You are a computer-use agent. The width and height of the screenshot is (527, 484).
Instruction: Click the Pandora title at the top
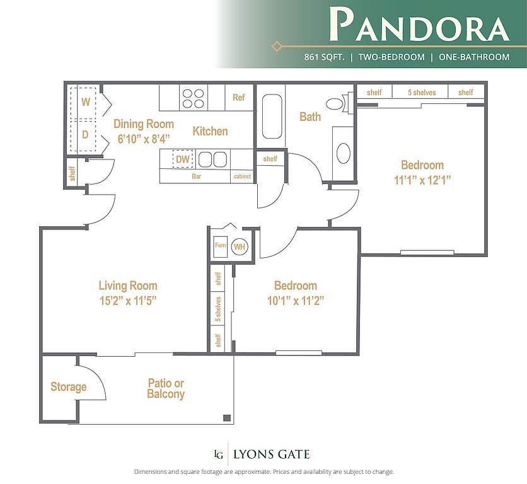pos(419,24)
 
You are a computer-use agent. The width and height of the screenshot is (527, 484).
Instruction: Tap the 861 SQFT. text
pos(325,57)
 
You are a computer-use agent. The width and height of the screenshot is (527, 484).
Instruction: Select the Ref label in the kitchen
pos(239,98)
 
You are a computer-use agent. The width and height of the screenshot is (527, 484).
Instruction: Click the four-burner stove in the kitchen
pos(194,98)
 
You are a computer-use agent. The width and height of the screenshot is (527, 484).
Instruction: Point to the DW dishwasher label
pos(183,159)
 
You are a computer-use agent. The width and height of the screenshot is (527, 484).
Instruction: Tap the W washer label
pos(86,102)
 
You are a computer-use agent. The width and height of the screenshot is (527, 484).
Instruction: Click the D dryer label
pos(85,135)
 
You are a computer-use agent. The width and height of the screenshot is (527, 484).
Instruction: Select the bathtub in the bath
pos(272,117)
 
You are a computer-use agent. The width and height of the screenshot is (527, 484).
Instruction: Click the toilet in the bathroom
pos(339,103)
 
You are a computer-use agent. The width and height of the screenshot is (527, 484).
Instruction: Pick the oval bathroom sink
pos(344,153)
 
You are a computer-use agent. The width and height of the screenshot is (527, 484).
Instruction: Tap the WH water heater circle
pos(240,246)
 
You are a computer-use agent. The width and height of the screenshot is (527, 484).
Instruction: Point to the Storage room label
pos(69,387)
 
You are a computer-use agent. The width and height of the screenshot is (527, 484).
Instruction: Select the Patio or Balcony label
pos(166,389)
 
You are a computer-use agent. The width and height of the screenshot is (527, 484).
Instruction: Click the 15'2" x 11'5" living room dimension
pos(128,301)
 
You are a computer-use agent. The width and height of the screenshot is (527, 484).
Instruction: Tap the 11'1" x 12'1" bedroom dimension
pos(422,180)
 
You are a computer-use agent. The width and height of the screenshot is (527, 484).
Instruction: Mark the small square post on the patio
pos(227,418)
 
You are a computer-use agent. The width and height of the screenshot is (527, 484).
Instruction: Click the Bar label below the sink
pos(196,176)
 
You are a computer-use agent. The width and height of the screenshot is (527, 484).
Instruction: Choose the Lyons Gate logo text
pos(272,454)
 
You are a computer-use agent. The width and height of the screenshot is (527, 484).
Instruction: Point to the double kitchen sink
pos(212,159)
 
